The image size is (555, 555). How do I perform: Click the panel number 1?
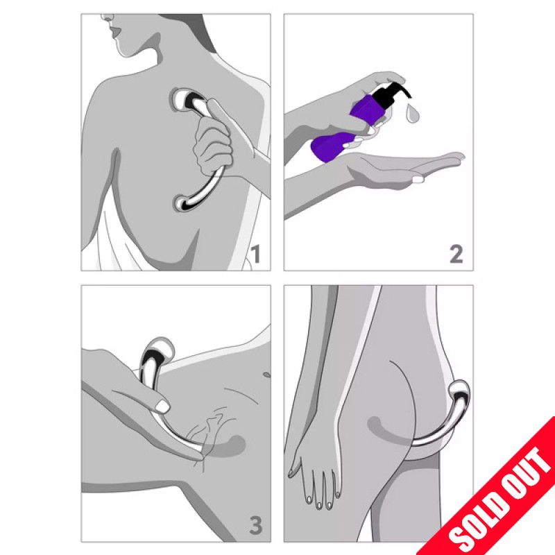[255, 254]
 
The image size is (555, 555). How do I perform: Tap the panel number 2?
[456, 254]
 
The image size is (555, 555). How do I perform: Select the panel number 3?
[255, 525]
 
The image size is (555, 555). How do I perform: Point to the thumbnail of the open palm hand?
[418, 179]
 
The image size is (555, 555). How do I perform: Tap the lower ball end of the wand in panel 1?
[183, 203]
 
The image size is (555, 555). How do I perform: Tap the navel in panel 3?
[266, 374]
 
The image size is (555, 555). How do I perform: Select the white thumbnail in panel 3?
[162, 407]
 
